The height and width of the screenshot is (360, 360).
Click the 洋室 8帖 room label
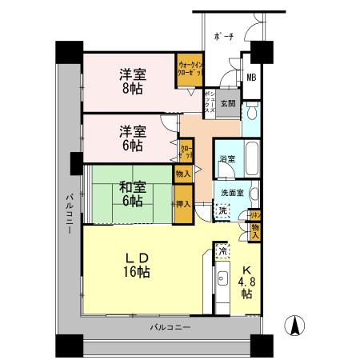click(129, 81)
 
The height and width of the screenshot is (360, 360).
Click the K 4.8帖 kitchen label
click(246, 282)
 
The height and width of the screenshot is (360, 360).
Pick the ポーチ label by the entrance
click(225, 37)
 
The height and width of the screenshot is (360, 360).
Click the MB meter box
click(250, 78)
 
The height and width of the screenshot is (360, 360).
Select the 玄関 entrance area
click(228, 103)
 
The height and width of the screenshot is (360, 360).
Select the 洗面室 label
click(231, 194)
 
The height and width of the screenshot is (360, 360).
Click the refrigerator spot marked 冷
click(222, 251)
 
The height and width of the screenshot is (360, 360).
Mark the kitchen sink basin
click(222, 279)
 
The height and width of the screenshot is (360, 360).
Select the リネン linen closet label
click(254, 214)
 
